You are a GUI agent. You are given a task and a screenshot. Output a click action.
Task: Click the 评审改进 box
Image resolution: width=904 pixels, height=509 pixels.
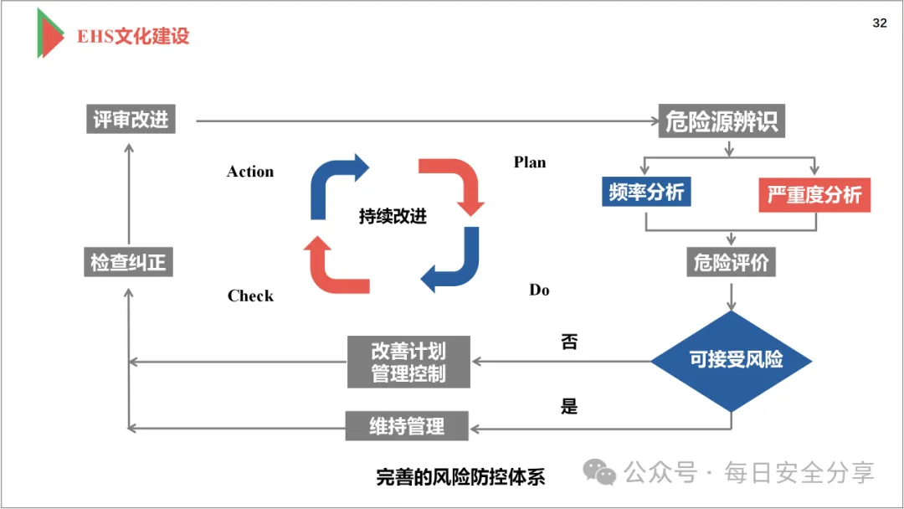pos(131,119)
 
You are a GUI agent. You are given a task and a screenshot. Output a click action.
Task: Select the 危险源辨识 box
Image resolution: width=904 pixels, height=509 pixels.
pos(722,121)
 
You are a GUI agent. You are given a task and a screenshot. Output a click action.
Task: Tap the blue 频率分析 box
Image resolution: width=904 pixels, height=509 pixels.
pos(646,193)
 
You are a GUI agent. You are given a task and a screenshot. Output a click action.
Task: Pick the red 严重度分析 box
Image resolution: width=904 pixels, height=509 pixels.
pos(814,195)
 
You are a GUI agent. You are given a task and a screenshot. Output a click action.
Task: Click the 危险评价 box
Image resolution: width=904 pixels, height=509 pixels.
pos(731,262)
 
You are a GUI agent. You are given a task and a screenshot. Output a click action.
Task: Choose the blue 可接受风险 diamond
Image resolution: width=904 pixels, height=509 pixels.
pos(732,361)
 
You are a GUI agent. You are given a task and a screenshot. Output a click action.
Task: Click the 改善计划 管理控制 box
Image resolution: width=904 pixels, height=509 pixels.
pos(408,362)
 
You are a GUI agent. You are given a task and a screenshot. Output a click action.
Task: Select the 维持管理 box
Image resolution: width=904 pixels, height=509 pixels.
pos(407,426)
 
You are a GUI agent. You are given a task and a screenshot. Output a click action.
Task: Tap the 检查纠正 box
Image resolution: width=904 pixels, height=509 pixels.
pos(128,262)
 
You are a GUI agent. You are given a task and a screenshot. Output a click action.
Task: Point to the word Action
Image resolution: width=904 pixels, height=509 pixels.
pos(250,172)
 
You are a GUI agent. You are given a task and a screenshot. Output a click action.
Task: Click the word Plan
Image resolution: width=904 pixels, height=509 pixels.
pos(530,162)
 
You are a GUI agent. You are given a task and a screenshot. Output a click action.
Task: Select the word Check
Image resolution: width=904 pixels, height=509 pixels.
pos(250,296)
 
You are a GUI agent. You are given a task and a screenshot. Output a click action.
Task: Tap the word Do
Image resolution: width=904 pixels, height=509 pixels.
pos(539,290)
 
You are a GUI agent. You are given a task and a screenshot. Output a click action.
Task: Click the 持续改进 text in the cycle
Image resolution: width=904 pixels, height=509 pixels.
pos(393,217)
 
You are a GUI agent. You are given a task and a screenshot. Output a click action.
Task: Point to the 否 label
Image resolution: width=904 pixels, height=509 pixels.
pos(569,342)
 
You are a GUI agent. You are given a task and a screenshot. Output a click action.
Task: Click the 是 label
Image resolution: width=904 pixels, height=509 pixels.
pos(569,407)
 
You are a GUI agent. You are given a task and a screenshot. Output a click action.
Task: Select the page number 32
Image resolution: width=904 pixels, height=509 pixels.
pos(879,23)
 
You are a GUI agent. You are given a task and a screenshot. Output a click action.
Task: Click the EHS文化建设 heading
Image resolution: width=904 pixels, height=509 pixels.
pos(133,36)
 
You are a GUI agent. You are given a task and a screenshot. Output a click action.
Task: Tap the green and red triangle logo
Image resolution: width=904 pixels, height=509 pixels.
pos(49,33)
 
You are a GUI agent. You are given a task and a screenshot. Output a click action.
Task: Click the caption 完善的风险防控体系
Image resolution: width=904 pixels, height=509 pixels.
pos(460,477)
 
